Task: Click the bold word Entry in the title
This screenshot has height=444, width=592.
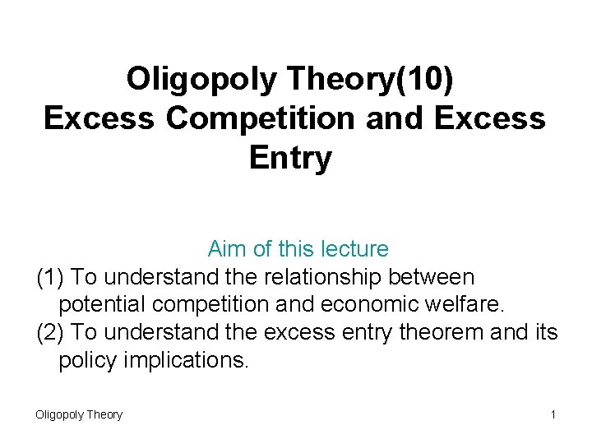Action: click(290, 158)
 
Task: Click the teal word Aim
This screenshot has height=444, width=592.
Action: click(225, 248)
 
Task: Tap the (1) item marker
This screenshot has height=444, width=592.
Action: click(52, 277)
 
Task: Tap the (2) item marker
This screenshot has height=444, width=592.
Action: click(52, 333)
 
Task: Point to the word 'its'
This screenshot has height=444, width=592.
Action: click(544, 333)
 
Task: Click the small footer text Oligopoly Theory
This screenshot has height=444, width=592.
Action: click(79, 414)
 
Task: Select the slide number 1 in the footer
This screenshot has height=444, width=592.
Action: click(553, 414)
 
